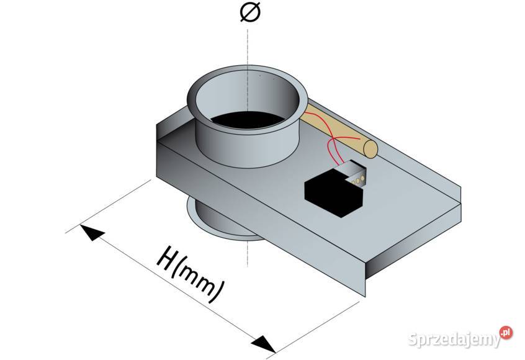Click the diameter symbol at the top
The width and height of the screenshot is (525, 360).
(x=248, y=12)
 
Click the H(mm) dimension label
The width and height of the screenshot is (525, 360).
(x=189, y=273)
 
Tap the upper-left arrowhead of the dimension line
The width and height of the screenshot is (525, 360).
(x=90, y=232)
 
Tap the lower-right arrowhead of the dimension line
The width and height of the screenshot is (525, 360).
(x=263, y=343)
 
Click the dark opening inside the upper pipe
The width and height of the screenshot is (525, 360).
(x=249, y=120)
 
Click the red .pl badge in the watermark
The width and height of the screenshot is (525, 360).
(x=506, y=332)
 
